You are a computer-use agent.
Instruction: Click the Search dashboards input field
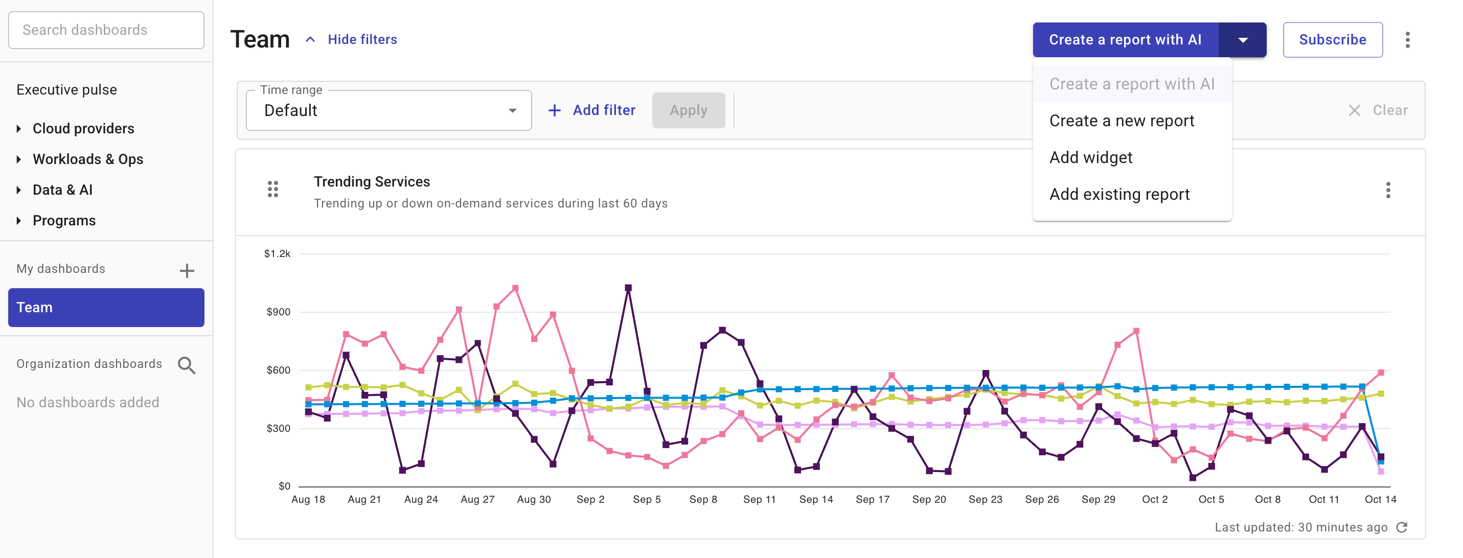pos(106,30)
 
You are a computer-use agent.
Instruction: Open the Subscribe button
pos(1332,40)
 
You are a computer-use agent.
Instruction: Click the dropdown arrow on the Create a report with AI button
pos(1242,40)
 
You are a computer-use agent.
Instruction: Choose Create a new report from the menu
pos(1121,121)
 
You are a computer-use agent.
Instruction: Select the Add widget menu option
pos(1090,158)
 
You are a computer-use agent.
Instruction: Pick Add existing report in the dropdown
pos(1119,195)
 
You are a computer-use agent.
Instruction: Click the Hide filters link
pos(362,40)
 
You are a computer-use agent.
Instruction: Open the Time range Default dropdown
pos(388,111)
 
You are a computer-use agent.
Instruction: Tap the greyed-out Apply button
pos(688,111)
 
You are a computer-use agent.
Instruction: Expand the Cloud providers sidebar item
pos(83,129)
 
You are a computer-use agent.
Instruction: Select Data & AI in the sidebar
pos(62,190)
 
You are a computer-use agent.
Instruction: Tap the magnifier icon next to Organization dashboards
pos(186,365)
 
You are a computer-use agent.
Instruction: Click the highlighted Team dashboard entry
pos(106,308)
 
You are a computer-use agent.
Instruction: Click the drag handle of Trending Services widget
pos(272,189)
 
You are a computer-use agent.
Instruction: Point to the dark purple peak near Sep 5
pos(628,288)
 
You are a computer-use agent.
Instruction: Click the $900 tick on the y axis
pos(278,312)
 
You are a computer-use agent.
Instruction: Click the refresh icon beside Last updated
pos(1402,527)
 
